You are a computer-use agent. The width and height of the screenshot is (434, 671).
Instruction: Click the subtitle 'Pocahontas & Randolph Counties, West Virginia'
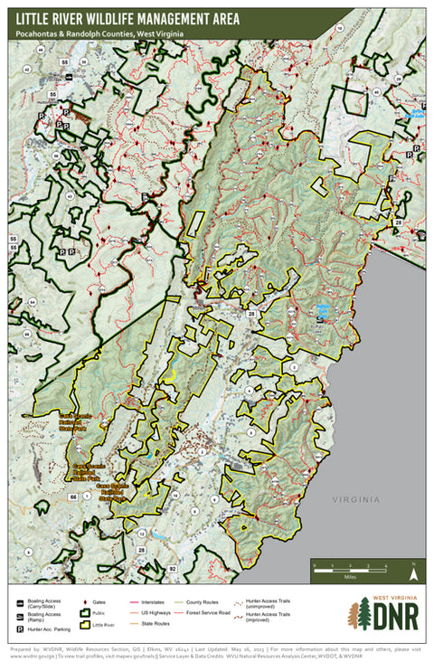click(x=99, y=33)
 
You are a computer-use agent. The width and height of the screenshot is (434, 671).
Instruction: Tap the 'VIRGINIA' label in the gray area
click(x=355, y=499)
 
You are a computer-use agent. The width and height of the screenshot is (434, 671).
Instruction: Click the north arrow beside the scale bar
click(x=412, y=571)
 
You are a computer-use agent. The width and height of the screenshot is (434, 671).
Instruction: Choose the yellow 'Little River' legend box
click(x=86, y=624)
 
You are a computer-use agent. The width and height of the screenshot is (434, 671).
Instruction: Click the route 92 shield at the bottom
click(x=174, y=568)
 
